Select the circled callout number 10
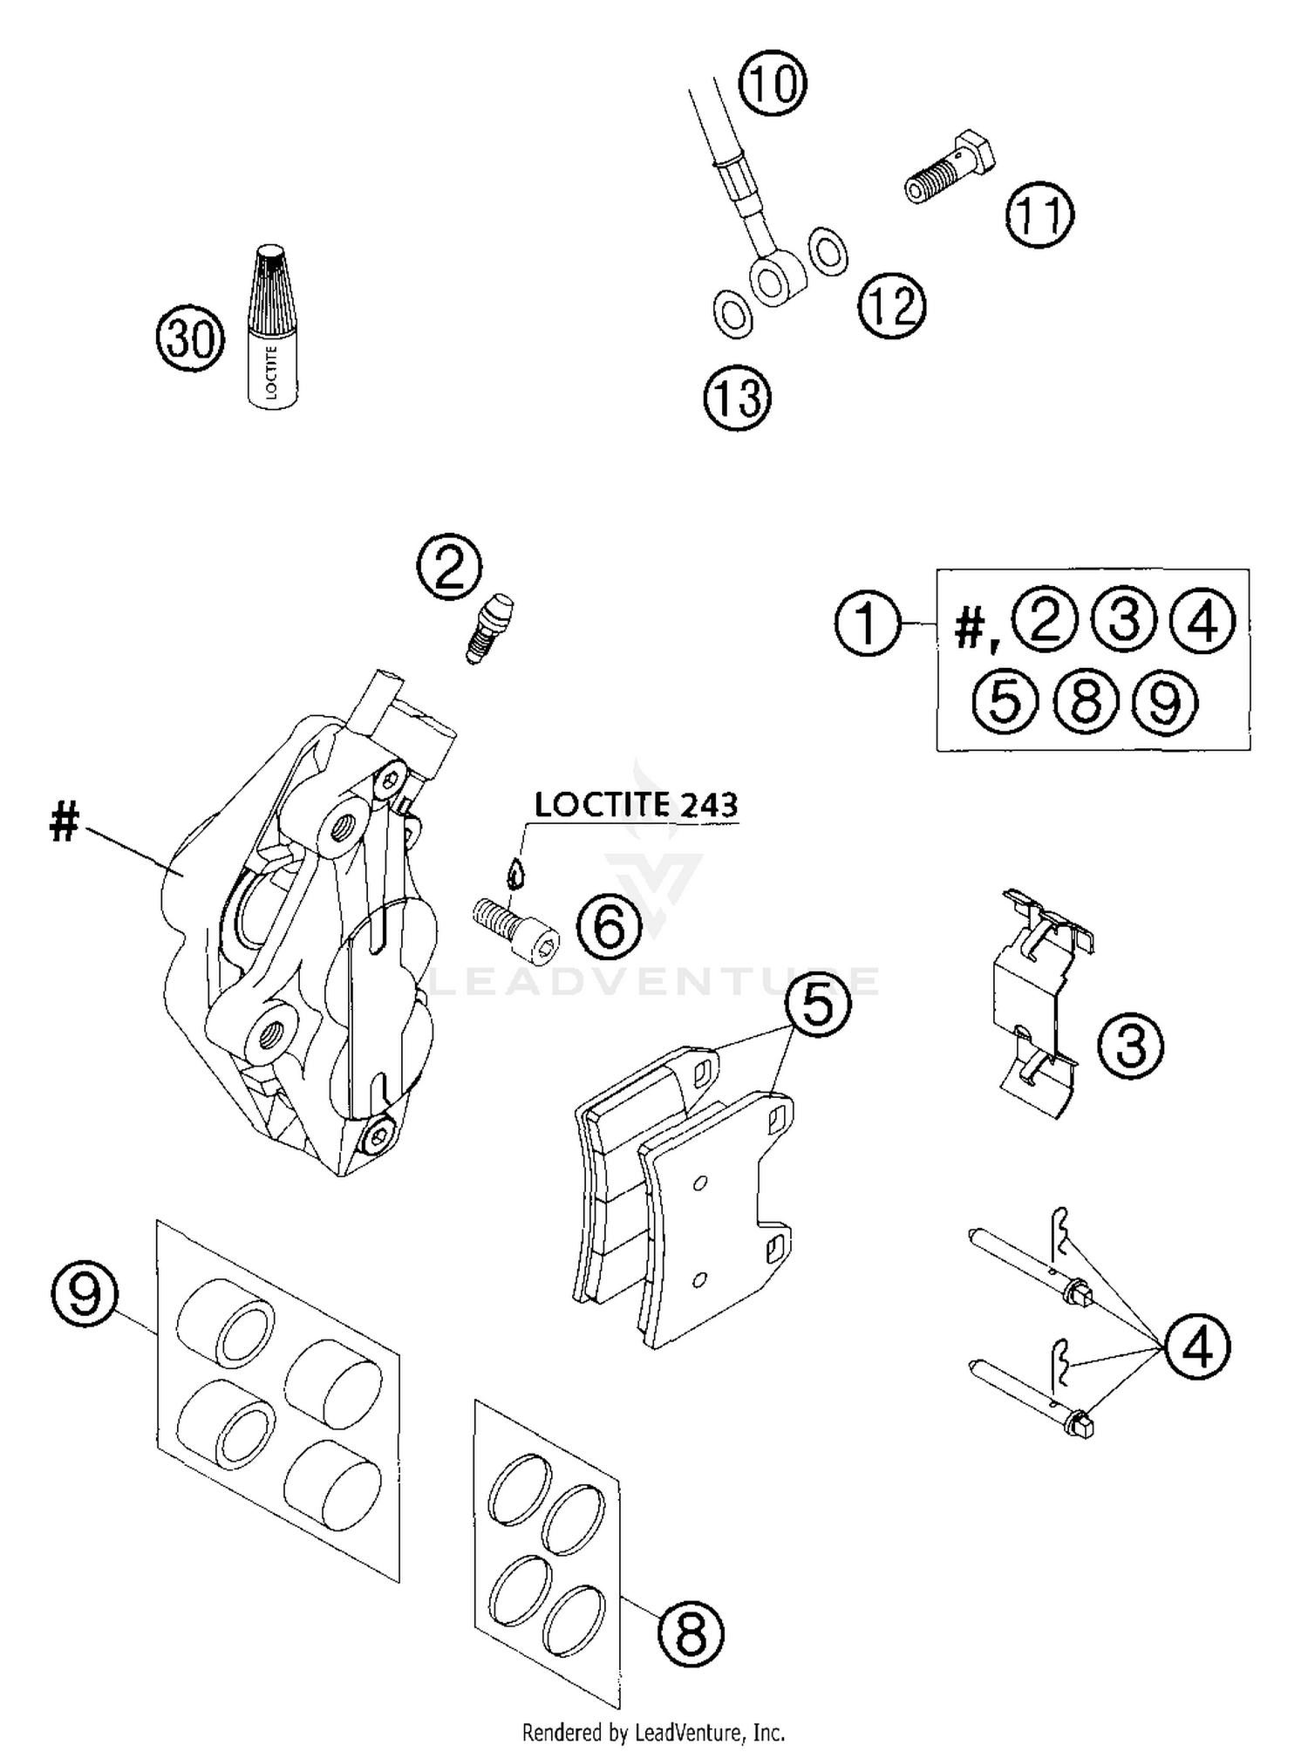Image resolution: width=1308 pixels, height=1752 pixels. coord(773,84)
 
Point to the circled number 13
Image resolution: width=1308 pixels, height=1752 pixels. coord(738,398)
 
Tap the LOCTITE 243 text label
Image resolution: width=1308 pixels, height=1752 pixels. coord(636,804)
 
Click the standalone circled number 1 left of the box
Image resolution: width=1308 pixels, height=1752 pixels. coord(867,623)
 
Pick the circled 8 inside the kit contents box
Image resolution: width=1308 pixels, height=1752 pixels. coord(1085,701)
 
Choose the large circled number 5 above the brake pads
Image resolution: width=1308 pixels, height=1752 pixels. coord(817,1005)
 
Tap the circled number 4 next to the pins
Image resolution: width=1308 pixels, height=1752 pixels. coord(1197,1347)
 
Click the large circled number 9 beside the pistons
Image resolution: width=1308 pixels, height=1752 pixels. coord(85,1295)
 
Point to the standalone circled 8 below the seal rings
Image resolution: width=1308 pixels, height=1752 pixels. coord(691,1633)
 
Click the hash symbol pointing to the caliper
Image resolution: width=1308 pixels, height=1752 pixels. coord(65,821)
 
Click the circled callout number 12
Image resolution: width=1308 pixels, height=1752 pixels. coord(891,305)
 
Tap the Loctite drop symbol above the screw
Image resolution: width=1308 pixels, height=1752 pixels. coord(517,870)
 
